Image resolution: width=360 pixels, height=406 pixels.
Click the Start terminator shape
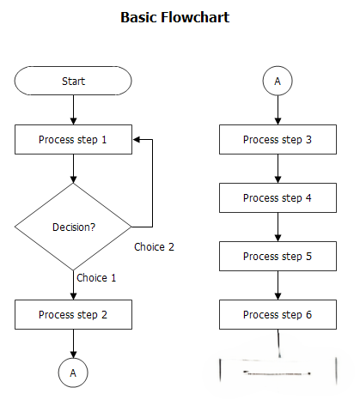coord(73,81)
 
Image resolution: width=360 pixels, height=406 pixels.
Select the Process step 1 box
coord(73,139)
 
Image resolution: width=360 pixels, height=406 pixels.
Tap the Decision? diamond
coord(73,227)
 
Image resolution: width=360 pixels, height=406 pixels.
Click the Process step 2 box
coord(73,314)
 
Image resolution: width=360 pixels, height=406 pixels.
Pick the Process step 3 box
coord(278,139)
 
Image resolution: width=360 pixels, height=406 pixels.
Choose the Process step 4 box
coord(278,197)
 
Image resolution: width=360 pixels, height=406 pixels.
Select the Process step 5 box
coord(278,256)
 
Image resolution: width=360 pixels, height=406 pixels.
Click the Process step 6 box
coord(278,314)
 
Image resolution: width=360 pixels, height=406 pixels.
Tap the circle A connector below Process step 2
coord(73,373)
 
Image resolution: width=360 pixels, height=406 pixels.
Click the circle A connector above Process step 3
coord(278,81)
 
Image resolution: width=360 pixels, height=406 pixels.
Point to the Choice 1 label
coord(96,278)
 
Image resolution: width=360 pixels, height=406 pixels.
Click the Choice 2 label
coord(154,247)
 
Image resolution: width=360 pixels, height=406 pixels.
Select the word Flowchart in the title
coord(195,17)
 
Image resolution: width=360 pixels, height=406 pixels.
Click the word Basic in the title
coord(138,17)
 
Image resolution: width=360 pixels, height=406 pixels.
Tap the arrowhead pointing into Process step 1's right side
coord(137,139)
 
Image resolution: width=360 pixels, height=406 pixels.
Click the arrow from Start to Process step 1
coord(73,110)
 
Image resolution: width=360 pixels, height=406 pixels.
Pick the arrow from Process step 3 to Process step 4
coord(278,169)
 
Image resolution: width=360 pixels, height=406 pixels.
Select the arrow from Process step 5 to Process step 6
coord(278,286)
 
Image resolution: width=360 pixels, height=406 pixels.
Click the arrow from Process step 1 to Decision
coord(73,169)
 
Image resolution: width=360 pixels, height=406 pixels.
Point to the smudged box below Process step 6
coord(278,371)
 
